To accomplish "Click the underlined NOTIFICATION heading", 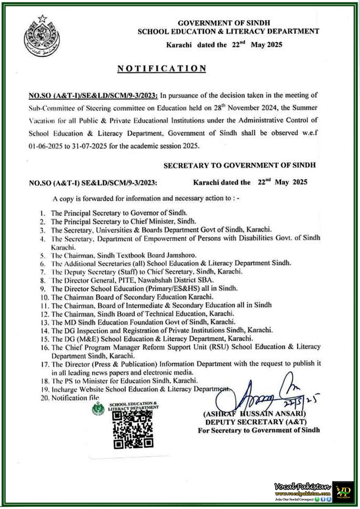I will [x=162, y=68].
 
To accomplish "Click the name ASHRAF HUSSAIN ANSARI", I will [x=254, y=414].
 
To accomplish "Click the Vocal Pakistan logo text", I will [x=302, y=486].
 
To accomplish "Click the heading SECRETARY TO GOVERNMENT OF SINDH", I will [x=239, y=165].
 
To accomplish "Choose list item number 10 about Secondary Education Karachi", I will [x=132, y=297].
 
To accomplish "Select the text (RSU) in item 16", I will [x=219, y=347].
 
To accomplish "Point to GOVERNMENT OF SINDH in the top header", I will [x=224, y=23].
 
